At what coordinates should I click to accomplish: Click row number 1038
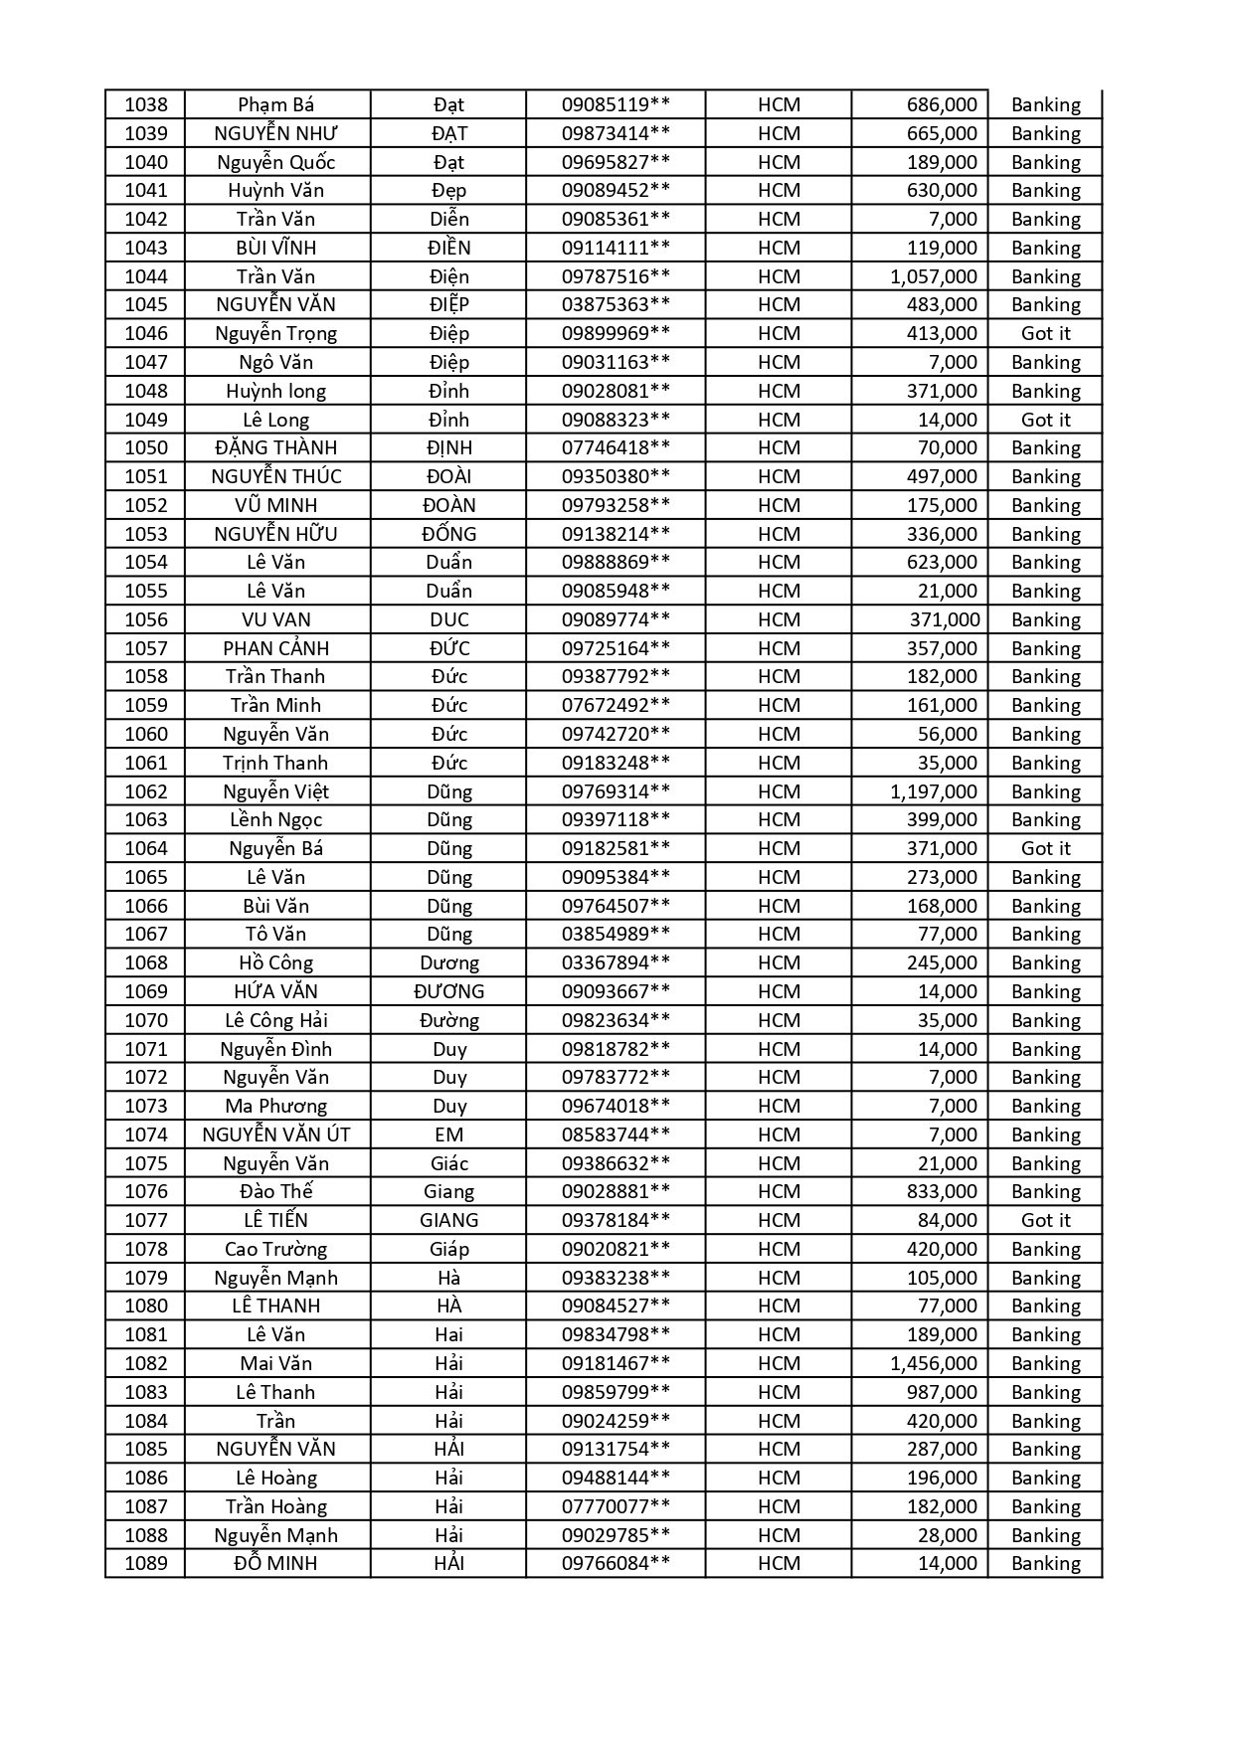(145, 104)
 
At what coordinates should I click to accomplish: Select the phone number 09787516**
(616, 276)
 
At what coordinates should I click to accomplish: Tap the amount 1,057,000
(933, 276)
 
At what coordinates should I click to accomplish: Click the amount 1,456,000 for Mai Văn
(933, 1363)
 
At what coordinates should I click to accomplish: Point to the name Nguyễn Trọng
(276, 333)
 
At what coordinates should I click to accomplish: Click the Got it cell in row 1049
(1045, 420)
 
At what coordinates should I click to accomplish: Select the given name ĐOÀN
(448, 505)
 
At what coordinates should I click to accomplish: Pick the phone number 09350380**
(616, 476)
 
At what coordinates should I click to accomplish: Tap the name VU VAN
(276, 619)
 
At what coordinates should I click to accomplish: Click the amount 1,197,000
(933, 791)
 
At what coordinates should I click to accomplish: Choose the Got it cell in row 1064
(1045, 848)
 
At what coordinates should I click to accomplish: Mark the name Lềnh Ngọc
(276, 819)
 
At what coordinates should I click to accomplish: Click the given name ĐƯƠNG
(448, 991)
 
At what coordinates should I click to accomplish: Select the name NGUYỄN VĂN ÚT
(276, 1134)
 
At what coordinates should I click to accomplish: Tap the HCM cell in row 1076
(779, 1191)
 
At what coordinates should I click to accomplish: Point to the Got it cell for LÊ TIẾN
(1045, 1220)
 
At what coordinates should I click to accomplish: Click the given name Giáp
(448, 1249)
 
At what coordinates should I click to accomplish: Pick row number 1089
(145, 1563)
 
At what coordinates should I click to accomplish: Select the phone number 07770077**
(616, 1506)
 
